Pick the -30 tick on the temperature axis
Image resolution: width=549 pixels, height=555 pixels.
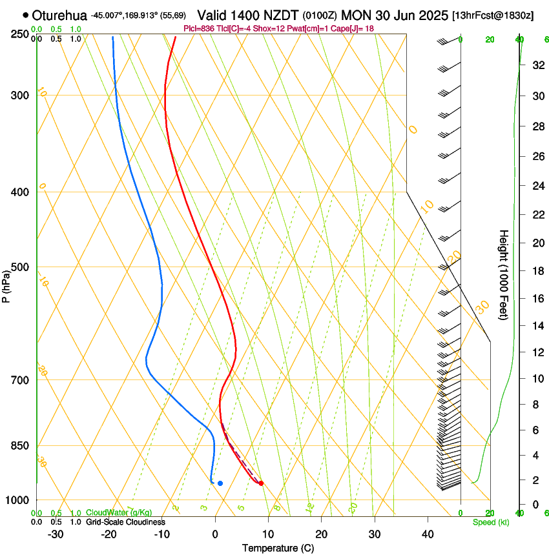[56, 534]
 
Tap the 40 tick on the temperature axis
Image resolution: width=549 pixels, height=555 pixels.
[427, 534]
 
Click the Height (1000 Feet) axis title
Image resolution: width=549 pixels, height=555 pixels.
[504, 274]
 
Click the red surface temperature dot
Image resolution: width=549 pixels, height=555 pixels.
[261, 483]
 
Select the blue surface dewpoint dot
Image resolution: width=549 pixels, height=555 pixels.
[220, 483]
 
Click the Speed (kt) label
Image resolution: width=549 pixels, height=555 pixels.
[491, 522]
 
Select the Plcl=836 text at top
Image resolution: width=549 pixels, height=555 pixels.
[200, 28]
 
